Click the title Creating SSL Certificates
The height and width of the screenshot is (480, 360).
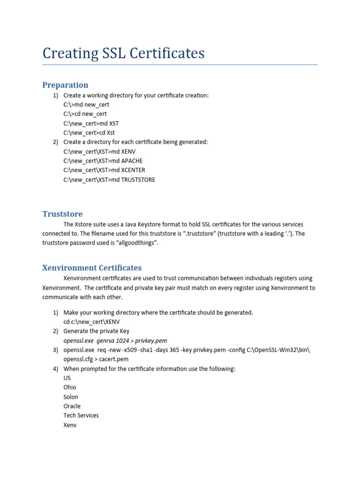(123, 53)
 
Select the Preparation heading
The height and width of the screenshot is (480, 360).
(65, 85)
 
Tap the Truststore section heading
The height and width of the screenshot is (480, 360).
(62, 214)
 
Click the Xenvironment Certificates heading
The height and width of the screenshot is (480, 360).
(92, 268)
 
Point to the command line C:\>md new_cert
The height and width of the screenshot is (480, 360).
(86, 105)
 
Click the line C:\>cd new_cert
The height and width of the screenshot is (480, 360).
(85, 114)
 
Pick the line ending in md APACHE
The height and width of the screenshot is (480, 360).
(103, 161)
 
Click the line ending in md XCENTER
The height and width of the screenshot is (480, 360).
(105, 170)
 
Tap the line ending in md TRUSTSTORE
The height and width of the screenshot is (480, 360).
(109, 180)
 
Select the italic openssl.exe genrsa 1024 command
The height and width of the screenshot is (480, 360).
(115, 340)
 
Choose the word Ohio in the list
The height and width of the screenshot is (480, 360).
(70, 387)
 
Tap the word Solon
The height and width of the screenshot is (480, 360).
(71, 397)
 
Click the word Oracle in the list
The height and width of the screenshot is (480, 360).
(72, 406)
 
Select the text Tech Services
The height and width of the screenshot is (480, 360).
(81, 415)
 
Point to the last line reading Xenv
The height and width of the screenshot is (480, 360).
(70, 425)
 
